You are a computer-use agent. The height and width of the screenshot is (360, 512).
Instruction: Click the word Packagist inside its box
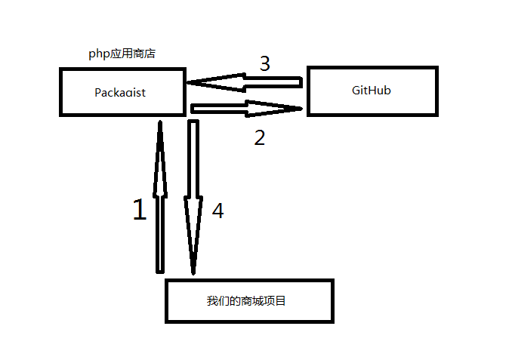(x=120, y=93)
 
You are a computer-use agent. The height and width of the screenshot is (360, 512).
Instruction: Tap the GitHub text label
(x=371, y=91)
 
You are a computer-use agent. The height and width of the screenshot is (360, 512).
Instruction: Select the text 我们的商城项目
(x=246, y=300)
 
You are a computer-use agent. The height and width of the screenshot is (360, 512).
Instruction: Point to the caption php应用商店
(x=122, y=54)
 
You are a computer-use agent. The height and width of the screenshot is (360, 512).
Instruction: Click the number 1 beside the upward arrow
(x=139, y=211)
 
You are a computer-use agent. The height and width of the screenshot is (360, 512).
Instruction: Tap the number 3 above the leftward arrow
(x=264, y=64)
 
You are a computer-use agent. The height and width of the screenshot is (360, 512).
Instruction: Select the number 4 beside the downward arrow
(x=217, y=211)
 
